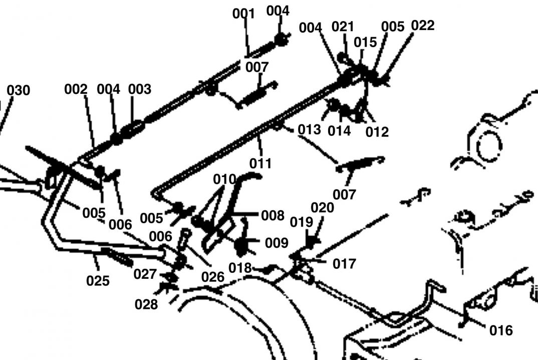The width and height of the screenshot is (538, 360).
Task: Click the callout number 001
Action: [244, 14]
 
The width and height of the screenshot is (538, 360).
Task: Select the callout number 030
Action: [18, 91]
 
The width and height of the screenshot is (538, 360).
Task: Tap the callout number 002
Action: [76, 89]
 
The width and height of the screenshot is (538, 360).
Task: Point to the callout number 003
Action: [139, 89]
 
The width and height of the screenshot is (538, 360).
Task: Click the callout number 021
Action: [343, 26]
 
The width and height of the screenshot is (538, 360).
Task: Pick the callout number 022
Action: [422, 25]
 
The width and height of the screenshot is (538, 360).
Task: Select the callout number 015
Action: [365, 42]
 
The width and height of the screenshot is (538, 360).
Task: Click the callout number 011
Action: [260, 163]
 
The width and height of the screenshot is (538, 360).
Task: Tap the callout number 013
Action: [309, 129]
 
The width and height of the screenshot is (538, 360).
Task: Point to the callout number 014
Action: [339, 131]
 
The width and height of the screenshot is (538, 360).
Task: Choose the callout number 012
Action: [377, 132]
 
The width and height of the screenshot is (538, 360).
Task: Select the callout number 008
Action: [273, 216]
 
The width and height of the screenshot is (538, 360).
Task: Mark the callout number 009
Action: [277, 243]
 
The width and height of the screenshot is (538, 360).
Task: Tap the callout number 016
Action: [501, 330]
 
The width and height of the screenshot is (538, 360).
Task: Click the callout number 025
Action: [98, 280]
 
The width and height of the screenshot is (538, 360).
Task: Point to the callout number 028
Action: [146, 304]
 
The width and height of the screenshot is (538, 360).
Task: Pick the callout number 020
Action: [322, 208]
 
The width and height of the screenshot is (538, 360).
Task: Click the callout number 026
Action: [213, 277]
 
